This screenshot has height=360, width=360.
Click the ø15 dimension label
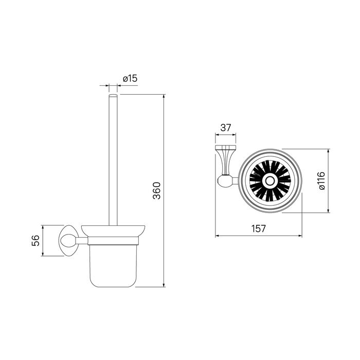(x=130, y=79)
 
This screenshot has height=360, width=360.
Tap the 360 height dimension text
(x=157, y=191)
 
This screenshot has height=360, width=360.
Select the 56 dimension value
(x=35, y=241)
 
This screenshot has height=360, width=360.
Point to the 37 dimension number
(x=225, y=128)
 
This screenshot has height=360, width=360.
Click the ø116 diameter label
(x=321, y=181)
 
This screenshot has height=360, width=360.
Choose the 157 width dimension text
(x=259, y=228)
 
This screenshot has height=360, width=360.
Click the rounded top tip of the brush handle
(x=113, y=95)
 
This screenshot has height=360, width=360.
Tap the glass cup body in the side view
(x=113, y=266)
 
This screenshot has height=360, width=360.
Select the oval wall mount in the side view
(x=68, y=240)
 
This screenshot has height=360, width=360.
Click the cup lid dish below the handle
(x=113, y=230)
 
